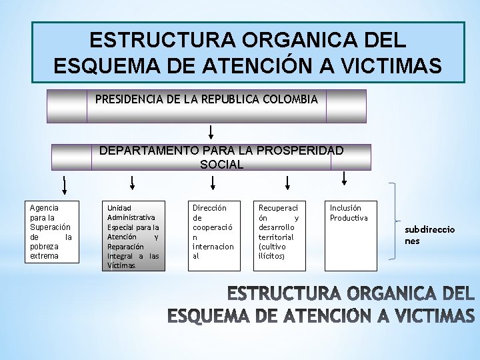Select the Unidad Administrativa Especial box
[133, 236]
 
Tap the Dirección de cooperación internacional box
[213, 236]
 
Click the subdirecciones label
[429, 235]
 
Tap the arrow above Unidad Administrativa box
[132, 182]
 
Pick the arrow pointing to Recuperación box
[287, 182]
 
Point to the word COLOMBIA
[291, 99]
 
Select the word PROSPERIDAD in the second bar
[300, 150]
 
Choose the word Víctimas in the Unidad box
[121, 265]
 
